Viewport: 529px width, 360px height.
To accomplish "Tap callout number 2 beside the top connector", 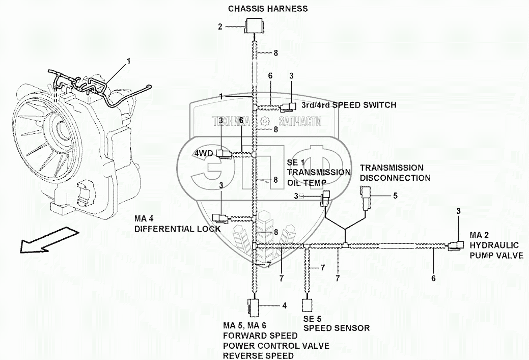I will [x=220, y=26].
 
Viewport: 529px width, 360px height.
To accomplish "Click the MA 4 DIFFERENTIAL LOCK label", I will [x=177, y=224].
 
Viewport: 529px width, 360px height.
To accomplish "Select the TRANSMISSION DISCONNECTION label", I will [x=395, y=173].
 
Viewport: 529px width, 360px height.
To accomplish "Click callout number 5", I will [x=394, y=195].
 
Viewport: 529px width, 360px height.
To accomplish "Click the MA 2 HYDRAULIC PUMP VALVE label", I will [x=496, y=245].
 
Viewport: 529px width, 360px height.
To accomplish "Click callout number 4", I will [x=284, y=306].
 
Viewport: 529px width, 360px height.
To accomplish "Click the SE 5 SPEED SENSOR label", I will [x=336, y=323].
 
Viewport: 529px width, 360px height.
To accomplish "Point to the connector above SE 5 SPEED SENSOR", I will [x=307, y=306].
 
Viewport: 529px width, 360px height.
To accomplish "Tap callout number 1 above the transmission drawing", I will [x=128, y=61].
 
